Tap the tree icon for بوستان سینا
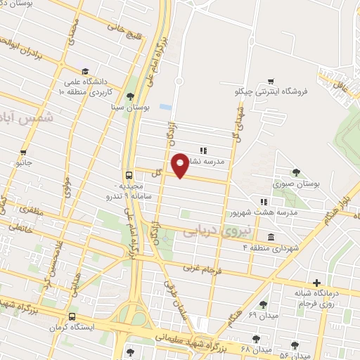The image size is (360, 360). [x=129, y=97]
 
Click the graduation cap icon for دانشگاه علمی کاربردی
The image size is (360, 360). [x=85, y=72]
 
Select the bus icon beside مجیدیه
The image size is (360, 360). [x=129, y=175]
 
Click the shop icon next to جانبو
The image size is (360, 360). [x=24, y=152]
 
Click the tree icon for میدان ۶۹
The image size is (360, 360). [x=263, y=304]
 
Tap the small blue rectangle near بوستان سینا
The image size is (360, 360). [x=165, y=107]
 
